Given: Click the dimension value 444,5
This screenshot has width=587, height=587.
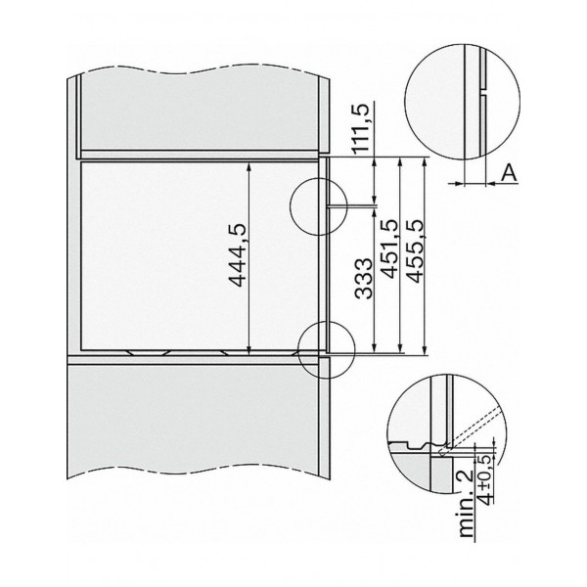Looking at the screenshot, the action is point(238,255).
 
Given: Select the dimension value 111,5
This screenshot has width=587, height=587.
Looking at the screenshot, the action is point(360,127).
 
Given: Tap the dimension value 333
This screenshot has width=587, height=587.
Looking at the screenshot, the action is point(364,278).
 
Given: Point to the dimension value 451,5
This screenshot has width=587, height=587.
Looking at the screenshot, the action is point(388,248).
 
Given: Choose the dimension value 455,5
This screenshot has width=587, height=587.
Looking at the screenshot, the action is point(415,250).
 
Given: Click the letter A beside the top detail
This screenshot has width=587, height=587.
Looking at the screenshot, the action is point(509,173).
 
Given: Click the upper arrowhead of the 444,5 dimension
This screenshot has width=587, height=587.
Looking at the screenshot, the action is point(248,166).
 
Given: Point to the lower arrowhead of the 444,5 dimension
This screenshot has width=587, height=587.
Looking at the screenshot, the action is point(248,347).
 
